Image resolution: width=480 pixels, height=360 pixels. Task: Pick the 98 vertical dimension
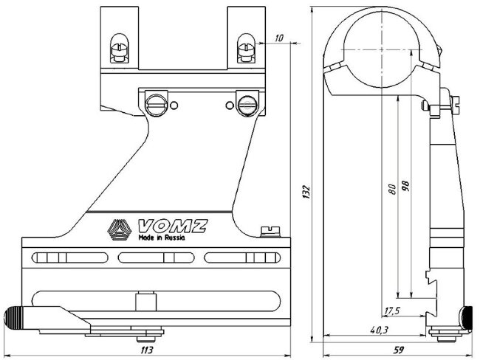click(404, 185)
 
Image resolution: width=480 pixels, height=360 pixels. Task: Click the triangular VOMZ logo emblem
click(118, 231)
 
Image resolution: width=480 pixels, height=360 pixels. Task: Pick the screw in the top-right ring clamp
click(246, 50)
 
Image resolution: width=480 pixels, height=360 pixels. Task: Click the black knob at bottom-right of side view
click(466, 318)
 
